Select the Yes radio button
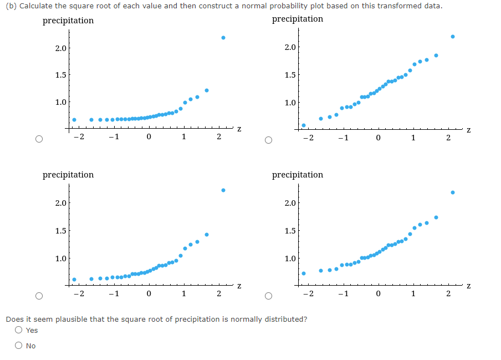(19, 330)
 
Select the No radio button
(19, 346)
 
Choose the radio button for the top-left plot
(39, 139)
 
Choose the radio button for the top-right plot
(269, 139)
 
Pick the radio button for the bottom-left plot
(39, 295)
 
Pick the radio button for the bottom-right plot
(269, 295)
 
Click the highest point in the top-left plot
(223, 38)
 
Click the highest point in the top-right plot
(453, 37)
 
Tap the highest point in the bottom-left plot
(223, 190)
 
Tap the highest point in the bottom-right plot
(453, 192)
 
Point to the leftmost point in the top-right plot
(304, 125)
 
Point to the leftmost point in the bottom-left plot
(74, 280)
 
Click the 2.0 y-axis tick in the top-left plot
(60, 48)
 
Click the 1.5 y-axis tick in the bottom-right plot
(290, 231)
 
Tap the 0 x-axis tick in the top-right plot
(378, 138)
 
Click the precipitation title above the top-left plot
(68, 21)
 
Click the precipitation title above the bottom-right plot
(298, 175)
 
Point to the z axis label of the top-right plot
(468, 130)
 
